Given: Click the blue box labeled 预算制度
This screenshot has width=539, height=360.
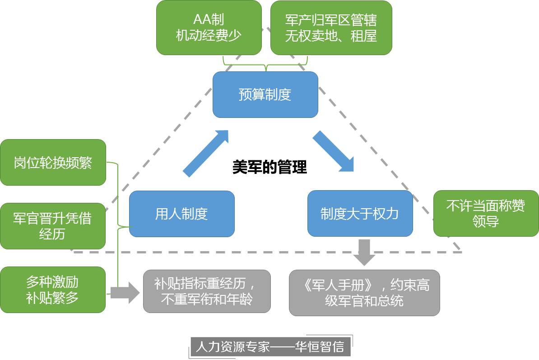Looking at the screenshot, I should (x=265, y=94).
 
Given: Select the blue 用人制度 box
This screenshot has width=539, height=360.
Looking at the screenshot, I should (x=181, y=214).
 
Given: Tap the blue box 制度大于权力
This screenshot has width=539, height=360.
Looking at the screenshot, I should (x=360, y=213).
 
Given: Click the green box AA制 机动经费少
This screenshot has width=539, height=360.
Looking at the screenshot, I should (x=209, y=28).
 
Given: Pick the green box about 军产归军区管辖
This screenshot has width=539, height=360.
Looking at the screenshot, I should (x=331, y=28).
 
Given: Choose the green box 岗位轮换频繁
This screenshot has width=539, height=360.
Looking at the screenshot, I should (x=53, y=162).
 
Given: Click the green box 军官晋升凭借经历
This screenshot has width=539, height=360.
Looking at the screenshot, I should (x=52, y=226).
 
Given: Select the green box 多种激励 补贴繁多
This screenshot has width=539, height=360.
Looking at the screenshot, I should (x=52, y=290).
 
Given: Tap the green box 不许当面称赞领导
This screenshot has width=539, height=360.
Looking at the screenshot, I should (x=486, y=214).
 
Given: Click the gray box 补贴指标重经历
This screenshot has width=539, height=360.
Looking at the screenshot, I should (x=207, y=291).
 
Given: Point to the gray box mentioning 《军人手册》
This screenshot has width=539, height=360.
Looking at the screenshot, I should (x=364, y=293).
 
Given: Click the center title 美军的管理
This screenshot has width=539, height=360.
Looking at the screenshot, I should (x=269, y=167).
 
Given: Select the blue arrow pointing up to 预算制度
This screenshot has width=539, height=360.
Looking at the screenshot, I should (x=206, y=153).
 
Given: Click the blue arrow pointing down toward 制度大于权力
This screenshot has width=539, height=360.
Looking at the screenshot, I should (x=333, y=151).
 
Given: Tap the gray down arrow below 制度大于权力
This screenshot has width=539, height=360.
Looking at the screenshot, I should (x=364, y=252).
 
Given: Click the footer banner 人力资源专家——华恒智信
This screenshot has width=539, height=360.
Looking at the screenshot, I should (x=269, y=347).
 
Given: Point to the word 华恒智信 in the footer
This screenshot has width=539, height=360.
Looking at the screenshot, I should (x=320, y=347).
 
